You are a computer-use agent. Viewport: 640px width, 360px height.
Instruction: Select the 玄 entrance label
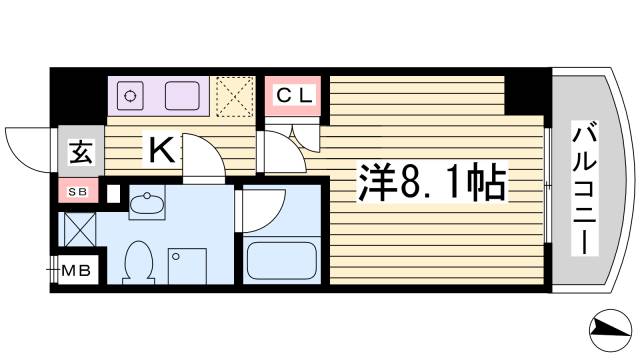click(x=80, y=153)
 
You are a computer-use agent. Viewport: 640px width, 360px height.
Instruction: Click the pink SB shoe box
click(x=77, y=191)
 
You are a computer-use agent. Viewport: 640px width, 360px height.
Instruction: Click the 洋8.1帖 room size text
click(x=431, y=182)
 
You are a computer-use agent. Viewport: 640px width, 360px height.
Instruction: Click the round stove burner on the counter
click(x=130, y=96)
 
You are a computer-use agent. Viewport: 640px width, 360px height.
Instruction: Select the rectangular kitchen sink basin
click(x=182, y=96)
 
